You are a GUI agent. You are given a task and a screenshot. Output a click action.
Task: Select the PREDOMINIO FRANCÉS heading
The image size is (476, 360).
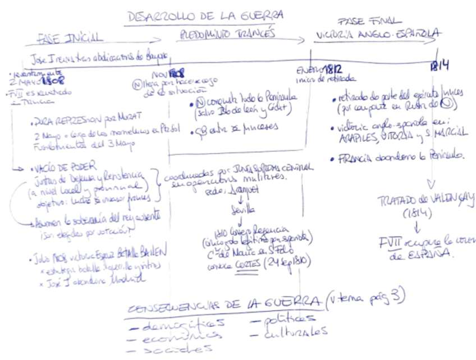(227, 35)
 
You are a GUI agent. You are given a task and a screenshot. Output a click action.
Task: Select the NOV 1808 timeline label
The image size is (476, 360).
(168, 75)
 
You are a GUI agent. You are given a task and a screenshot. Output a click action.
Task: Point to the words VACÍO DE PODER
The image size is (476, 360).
(65, 167)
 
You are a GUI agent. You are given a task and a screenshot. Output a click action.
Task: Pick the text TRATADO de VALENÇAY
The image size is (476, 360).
(425, 200)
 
